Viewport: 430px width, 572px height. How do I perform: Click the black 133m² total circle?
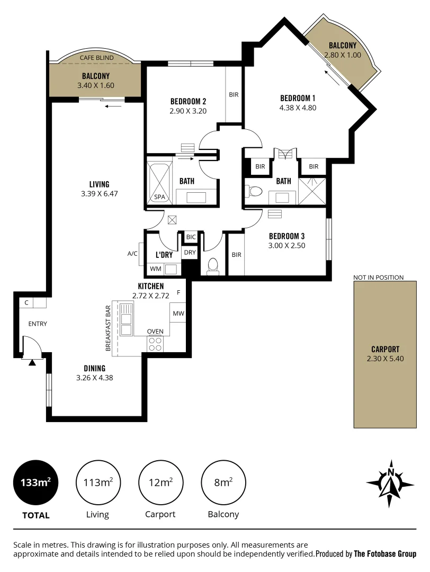(35, 482)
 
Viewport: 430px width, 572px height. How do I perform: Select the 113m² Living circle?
(98, 482)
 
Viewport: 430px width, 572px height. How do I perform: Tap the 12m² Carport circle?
(160, 482)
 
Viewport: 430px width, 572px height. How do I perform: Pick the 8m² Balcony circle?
(223, 482)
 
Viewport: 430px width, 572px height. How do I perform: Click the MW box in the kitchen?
(178, 314)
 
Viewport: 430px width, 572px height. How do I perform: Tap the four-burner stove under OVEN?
(155, 344)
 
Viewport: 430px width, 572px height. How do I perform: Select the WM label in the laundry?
(155, 269)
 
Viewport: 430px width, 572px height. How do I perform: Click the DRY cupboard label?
(190, 253)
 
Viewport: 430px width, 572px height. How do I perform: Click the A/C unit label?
(132, 254)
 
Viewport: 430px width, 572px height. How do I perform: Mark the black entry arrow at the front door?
(32, 363)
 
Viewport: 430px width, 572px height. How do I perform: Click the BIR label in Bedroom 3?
(236, 255)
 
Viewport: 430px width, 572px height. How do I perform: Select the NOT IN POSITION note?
(378, 277)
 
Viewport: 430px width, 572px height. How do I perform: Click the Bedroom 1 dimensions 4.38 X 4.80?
(298, 108)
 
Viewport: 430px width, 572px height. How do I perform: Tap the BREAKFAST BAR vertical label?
(108, 328)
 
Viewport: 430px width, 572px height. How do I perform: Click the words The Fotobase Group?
(385, 554)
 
